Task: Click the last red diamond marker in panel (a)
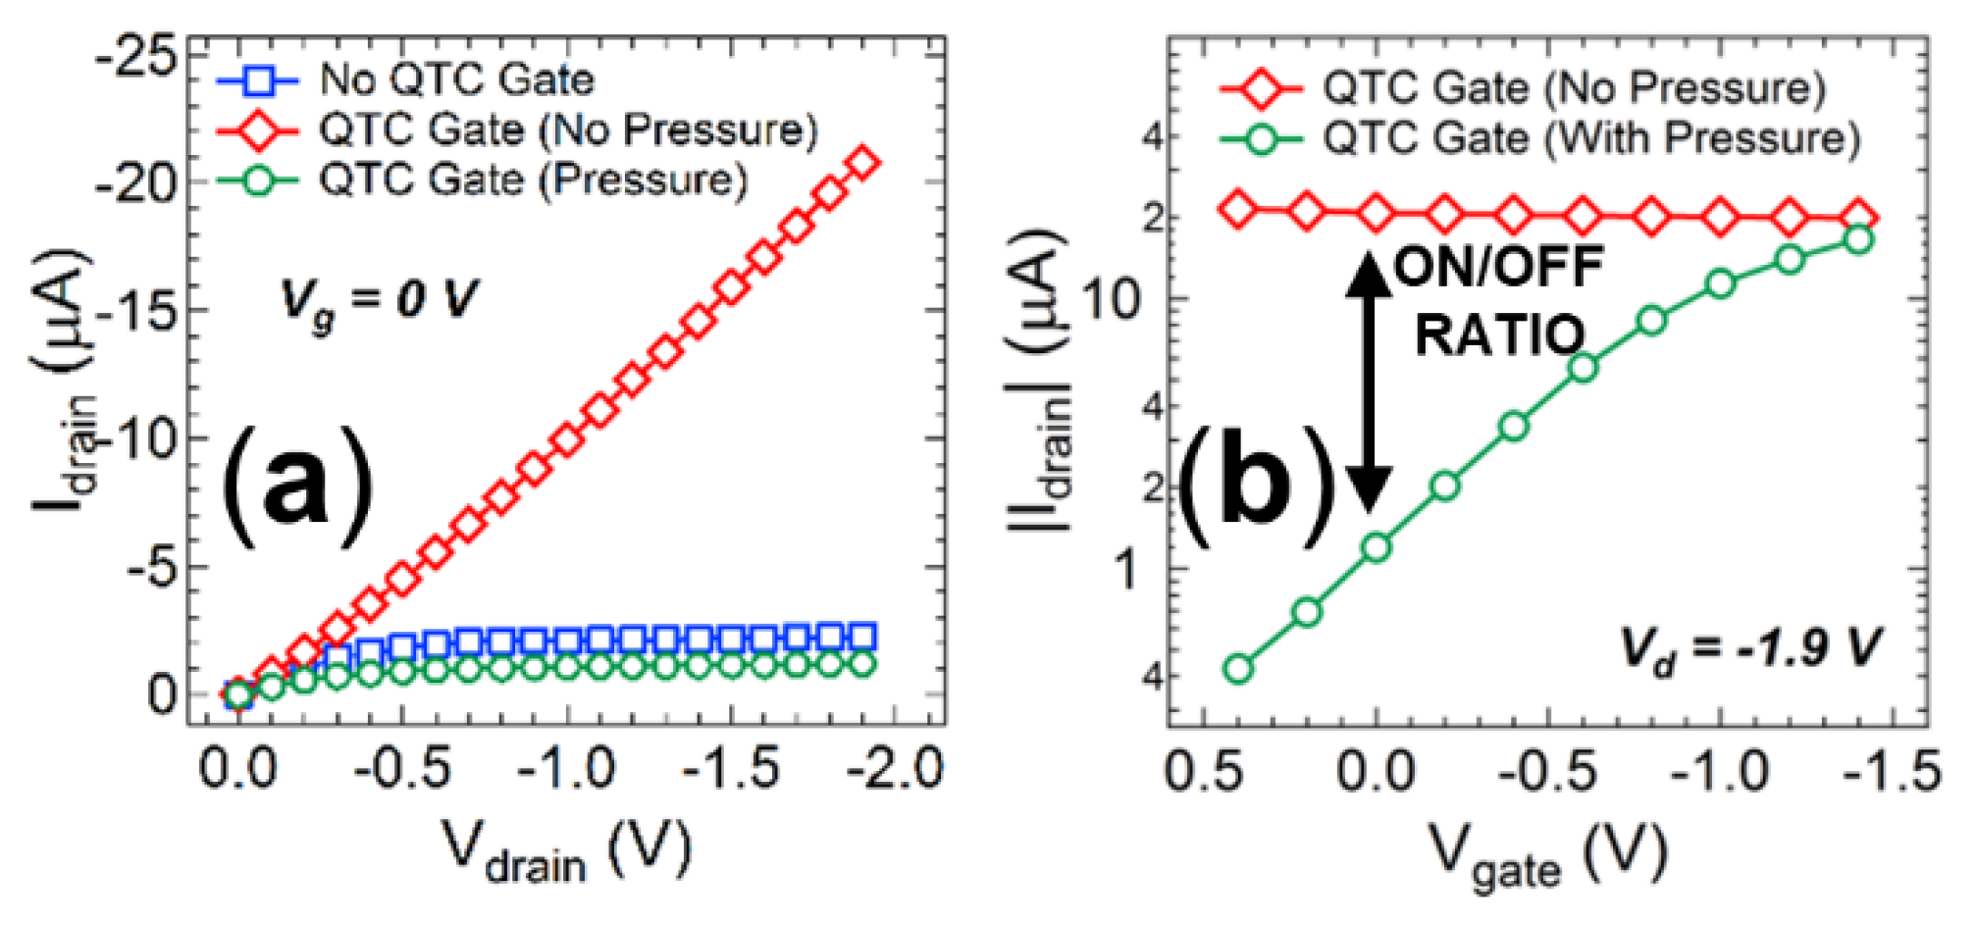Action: coord(863,162)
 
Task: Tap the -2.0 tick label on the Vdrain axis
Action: coord(894,768)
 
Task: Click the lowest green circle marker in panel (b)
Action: coord(1238,669)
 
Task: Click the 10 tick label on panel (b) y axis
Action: coord(1115,298)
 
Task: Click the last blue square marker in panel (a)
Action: coord(862,638)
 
